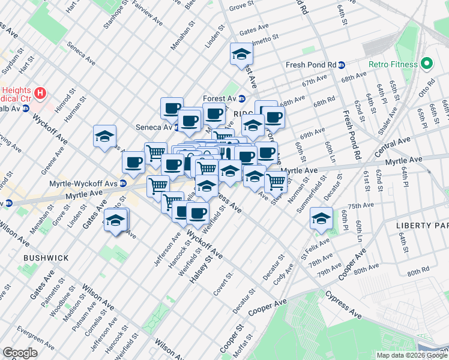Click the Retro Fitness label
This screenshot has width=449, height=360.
[x=394, y=64]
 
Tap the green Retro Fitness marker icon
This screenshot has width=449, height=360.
[x=427, y=63]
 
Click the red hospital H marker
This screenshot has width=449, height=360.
[x=40, y=93]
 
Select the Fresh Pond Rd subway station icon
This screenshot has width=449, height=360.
[x=341, y=65]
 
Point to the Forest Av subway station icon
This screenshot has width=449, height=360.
[x=241, y=99]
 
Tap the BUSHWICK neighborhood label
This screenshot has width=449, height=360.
[x=46, y=257]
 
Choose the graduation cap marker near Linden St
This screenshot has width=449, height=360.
[x=241, y=54]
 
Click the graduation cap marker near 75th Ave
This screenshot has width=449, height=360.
[x=321, y=219]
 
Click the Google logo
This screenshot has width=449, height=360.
[x=20, y=352]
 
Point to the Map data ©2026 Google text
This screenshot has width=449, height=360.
[x=412, y=355]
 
